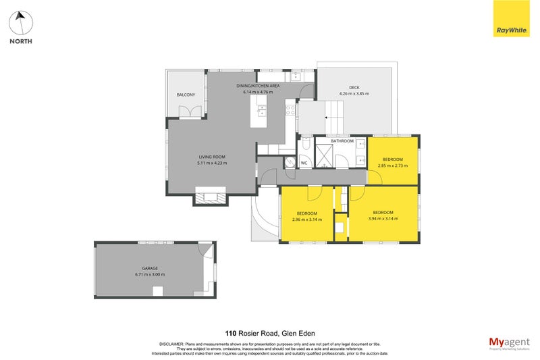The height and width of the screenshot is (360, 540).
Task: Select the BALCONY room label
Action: tap(186, 95)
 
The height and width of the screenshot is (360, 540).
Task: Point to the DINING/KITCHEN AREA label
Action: tap(257, 86)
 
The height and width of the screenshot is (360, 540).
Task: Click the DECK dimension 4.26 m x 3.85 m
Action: tap(354, 94)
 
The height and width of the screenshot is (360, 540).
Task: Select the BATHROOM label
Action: tap(342, 141)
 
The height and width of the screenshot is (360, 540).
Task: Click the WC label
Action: tap(304, 163)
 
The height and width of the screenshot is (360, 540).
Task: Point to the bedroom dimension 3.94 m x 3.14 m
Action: tap(383, 218)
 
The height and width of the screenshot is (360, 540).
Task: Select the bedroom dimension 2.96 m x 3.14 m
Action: tap(306, 219)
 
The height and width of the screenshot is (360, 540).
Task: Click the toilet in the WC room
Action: tap(290, 162)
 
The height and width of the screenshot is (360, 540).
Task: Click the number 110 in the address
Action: tap(231, 332)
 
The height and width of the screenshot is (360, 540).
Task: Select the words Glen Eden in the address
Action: tap(300, 332)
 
